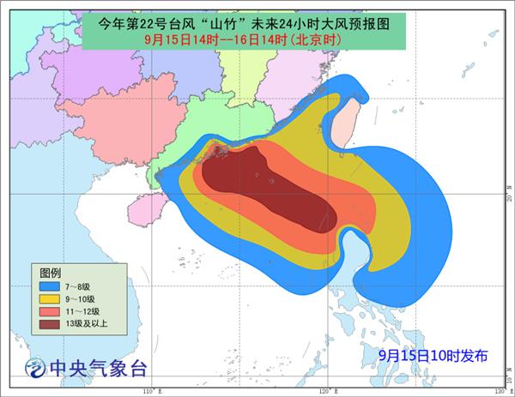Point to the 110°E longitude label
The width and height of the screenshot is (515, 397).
pyautogui.click(x=148, y=390)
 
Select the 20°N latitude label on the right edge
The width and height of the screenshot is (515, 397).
pyautogui.click(x=509, y=197)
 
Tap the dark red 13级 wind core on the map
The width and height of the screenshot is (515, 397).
pyautogui.click(x=275, y=184)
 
